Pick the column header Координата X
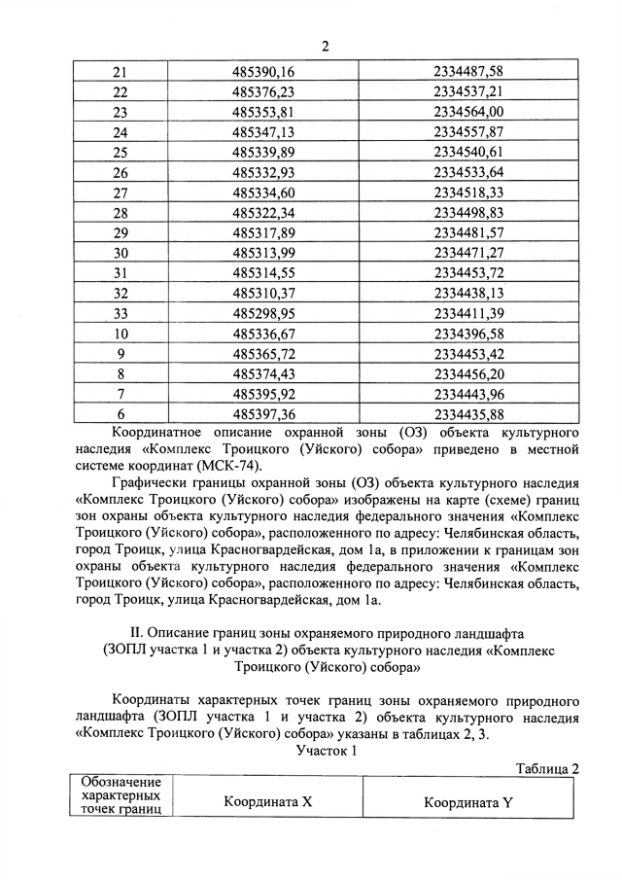pyautogui.click(x=267, y=803)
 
